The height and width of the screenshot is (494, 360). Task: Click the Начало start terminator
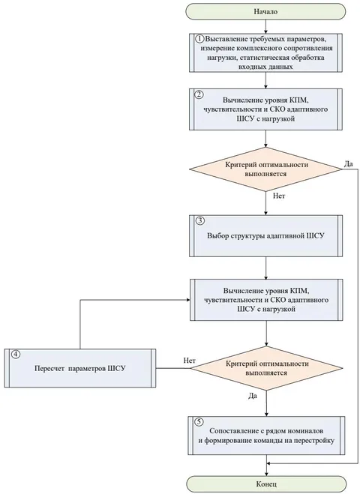(265, 11)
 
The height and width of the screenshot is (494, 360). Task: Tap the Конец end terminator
(266, 484)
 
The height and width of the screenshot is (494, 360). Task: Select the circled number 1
(199, 39)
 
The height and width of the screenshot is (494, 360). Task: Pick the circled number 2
(199, 94)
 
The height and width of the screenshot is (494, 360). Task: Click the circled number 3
(199, 221)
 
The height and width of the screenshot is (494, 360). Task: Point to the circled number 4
(16, 355)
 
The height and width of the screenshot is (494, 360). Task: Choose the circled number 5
(199, 422)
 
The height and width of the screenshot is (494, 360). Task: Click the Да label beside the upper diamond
(348, 164)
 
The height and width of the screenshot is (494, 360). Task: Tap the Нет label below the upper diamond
(279, 196)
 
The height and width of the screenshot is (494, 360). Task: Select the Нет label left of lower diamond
(190, 361)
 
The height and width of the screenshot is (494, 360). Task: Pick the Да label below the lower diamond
(253, 396)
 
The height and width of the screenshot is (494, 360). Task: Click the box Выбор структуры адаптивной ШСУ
(265, 235)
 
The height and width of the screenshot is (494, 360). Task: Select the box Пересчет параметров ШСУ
(80, 368)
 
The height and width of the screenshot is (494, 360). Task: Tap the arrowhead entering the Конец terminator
(266, 474)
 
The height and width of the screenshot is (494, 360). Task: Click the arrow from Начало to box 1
(265, 26)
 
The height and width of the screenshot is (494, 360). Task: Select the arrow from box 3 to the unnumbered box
(266, 268)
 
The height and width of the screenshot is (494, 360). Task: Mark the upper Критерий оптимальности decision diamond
(265, 169)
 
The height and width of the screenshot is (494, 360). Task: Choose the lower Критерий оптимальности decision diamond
(267, 368)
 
